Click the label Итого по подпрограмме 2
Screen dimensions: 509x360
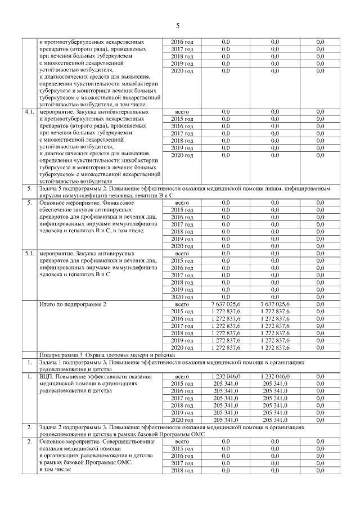pyautogui.click(x=73, y=304)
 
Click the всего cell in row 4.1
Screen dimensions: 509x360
pyautogui.click(x=182, y=112)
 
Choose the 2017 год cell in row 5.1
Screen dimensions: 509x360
pyautogui.click(x=182, y=275)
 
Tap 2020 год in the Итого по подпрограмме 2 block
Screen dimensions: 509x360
pyautogui.click(x=182, y=348)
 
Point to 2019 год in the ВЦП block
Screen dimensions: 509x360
pyautogui.click(x=182, y=412)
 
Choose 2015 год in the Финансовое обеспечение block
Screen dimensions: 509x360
pyautogui.click(x=182, y=210)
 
